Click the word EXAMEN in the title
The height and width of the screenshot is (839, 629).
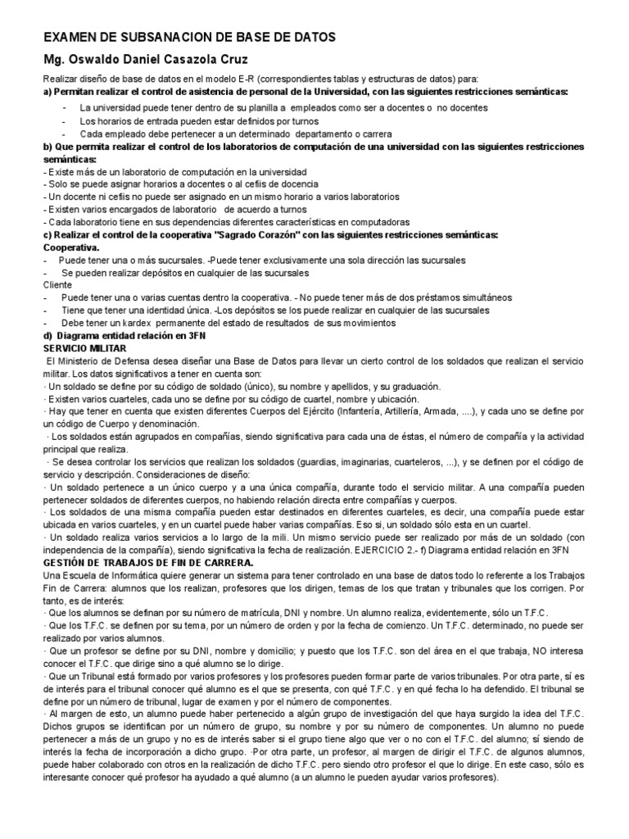tap(72, 39)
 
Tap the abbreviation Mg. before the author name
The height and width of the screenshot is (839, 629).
tap(54, 60)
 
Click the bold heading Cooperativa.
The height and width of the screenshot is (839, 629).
tap(71, 247)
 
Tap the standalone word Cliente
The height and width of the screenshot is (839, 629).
tap(57, 284)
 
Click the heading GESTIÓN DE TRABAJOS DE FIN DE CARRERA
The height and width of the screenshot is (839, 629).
tap(147, 563)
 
